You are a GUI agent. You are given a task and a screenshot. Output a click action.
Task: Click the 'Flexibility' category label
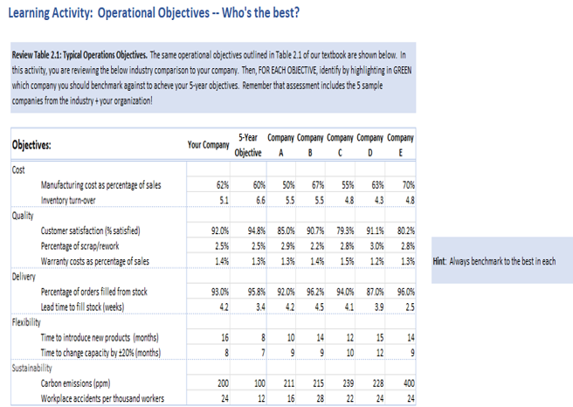[29, 322]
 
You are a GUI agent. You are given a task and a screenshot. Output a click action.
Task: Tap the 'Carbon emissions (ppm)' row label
[87, 384]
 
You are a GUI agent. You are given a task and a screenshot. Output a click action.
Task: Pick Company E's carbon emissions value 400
[406, 384]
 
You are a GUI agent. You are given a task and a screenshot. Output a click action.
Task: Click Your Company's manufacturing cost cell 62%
[223, 184]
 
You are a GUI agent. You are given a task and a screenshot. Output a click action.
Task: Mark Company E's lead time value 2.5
[408, 307]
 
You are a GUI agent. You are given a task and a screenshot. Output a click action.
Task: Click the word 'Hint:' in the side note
[443, 261]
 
